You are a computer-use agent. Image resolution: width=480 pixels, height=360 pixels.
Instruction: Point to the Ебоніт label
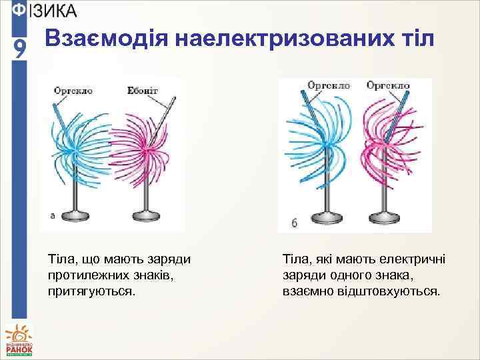pyautogui.click(x=143, y=89)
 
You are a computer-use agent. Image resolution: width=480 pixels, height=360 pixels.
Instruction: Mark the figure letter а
pyautogui.click(x=53, y=215)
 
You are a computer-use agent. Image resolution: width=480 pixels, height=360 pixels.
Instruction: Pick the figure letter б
pyautogui.click(x=295, y=223)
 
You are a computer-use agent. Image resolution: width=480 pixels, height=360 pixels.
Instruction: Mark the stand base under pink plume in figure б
pyautogui.click(x=387, y=221)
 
